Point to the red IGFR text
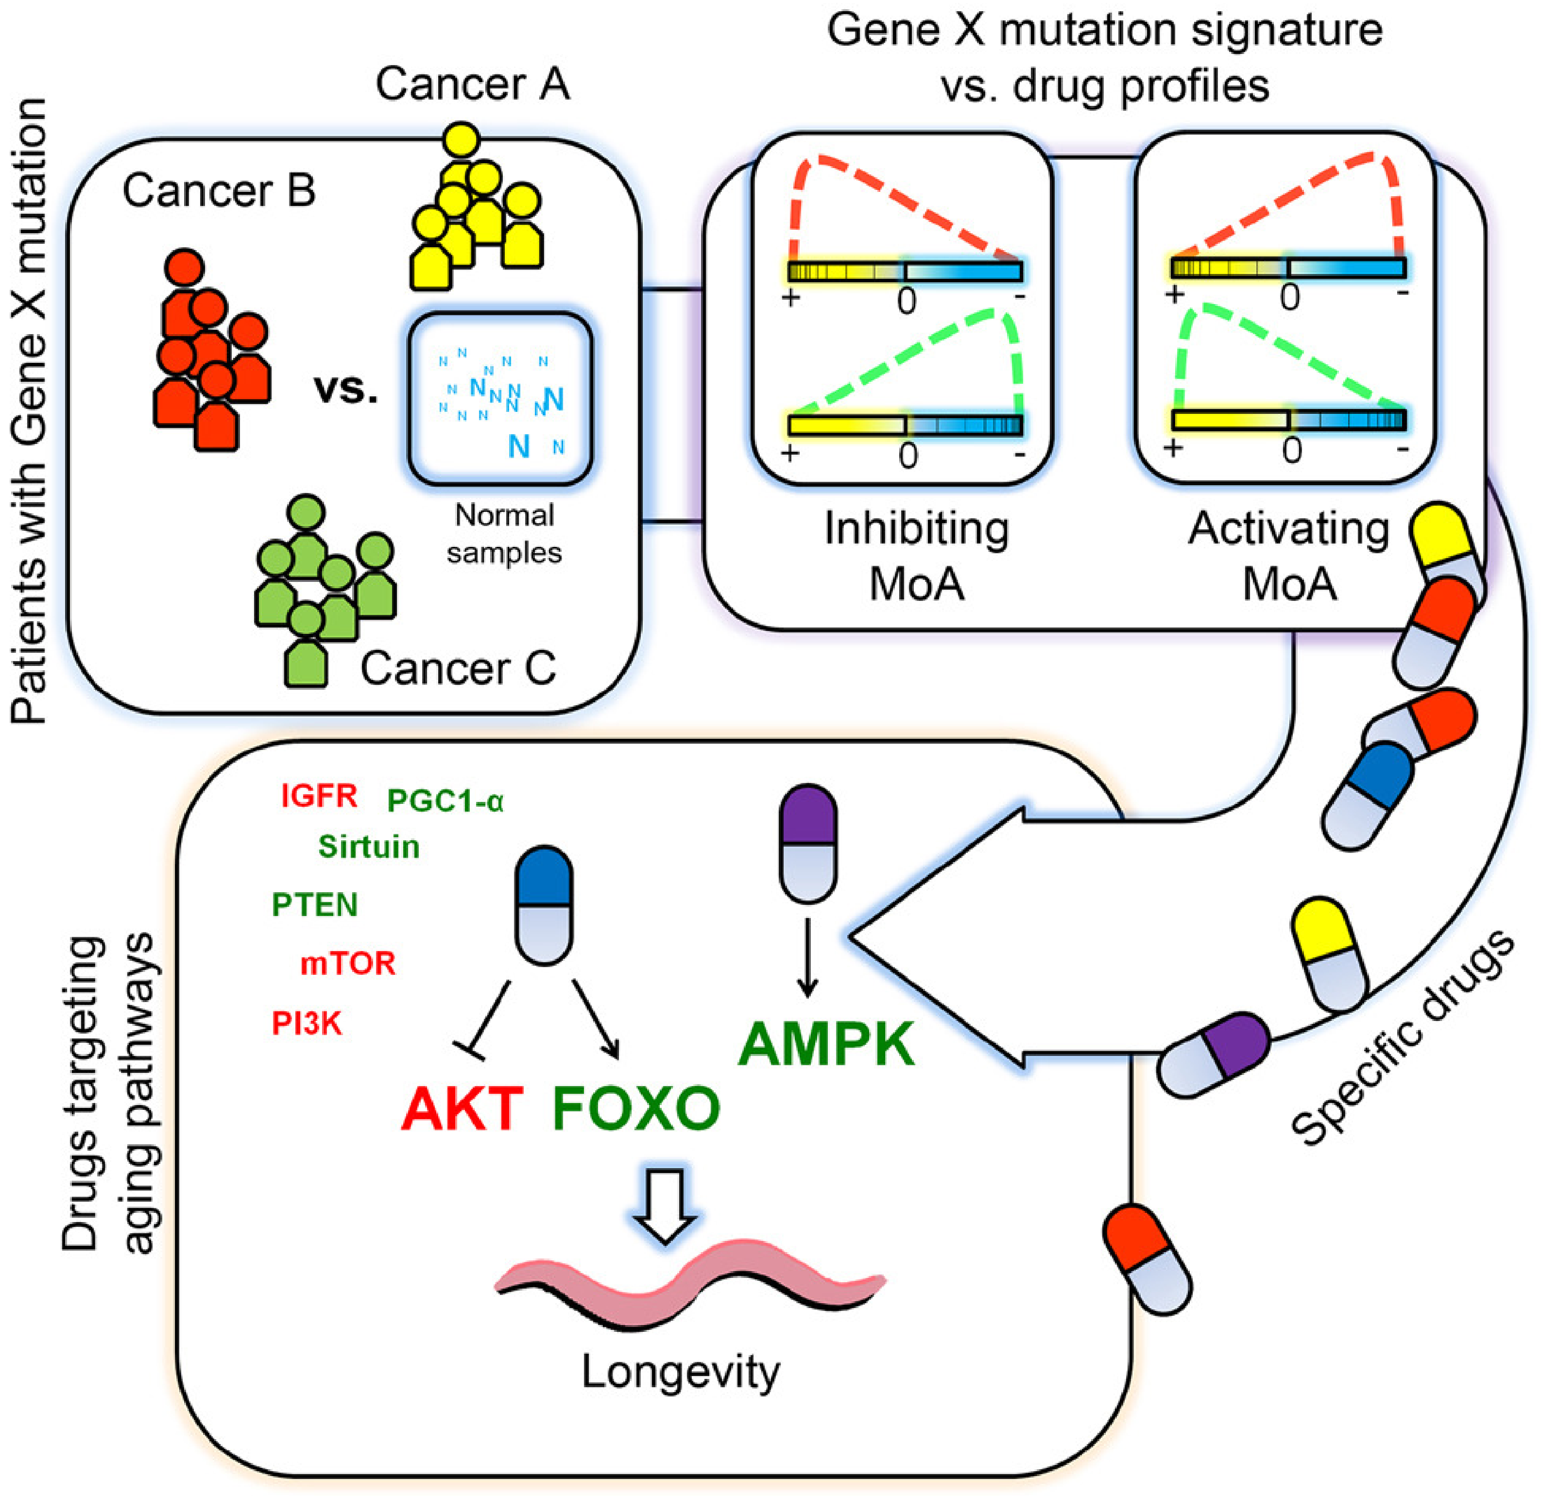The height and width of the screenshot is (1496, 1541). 319,797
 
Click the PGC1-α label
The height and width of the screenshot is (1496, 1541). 445,801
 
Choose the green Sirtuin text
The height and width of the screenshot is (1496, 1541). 369,847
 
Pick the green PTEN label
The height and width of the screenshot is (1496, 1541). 314,905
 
